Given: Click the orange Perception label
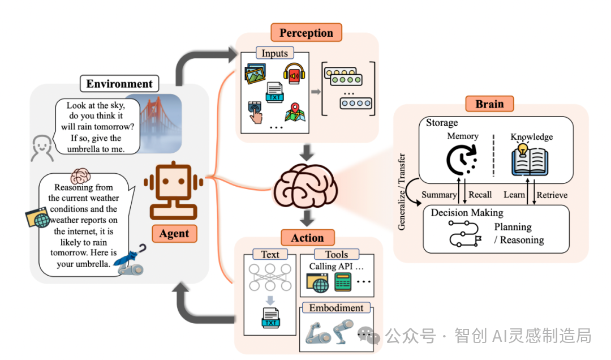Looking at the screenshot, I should [x=306, y=33].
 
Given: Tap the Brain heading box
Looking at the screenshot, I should [x=489, y=104].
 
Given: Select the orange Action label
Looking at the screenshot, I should [x=307, y=238].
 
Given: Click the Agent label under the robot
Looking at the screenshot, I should [x=174, y=233].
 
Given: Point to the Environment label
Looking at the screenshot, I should [x=119, y=84].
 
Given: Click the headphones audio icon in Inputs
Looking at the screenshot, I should [x=294, y=74].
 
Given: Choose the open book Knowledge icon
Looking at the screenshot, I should [x=531, y=160].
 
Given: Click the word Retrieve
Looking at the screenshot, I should [x=552, y=195].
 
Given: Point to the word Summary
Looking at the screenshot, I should [x=438, y=195].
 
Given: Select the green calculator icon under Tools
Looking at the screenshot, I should [x=343, y=281].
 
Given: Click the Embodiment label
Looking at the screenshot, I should [x=336, y=308].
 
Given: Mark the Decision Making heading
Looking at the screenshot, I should [x=467, y=213].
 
